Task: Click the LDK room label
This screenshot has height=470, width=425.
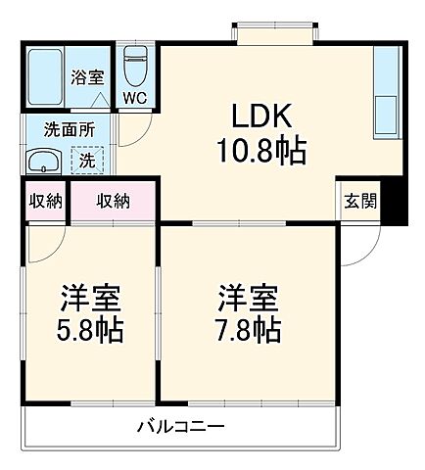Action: coord(260,116)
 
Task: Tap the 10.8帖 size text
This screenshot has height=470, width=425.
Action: coord(260,150)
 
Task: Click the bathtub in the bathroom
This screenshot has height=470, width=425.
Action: coord(44,75)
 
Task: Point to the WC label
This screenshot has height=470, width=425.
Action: coord(133,98)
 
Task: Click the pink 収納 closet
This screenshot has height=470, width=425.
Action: coord(113,201)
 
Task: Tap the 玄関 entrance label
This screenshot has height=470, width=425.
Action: coord(359,201)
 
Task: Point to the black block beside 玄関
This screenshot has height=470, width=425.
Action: coord(394,203)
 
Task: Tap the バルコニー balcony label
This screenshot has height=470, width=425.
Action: coord(181,427)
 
